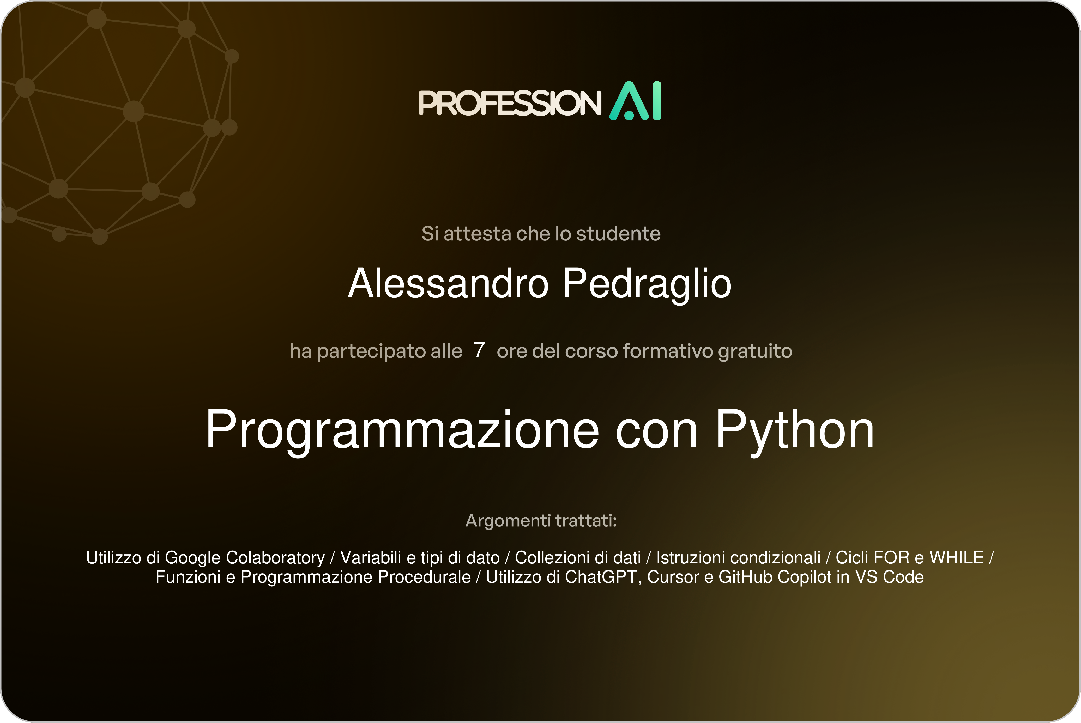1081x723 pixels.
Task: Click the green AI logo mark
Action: point(636,101)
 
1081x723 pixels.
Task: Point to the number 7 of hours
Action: point(479,350)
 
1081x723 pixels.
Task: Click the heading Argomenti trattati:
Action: point(541,521)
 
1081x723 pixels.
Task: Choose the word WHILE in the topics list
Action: point(957,557)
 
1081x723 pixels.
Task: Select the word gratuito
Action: point(755,351)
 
